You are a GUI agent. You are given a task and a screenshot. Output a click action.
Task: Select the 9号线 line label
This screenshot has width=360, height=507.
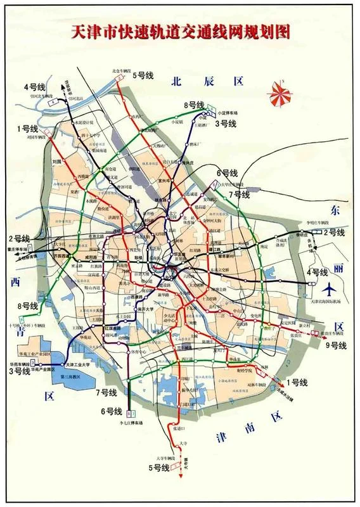[x=336, y=345]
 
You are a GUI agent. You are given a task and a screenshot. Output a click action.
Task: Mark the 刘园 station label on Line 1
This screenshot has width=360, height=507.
[x=56, y=162]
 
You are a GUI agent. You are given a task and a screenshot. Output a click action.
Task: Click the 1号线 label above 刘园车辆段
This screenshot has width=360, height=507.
[x=28, y=127]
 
